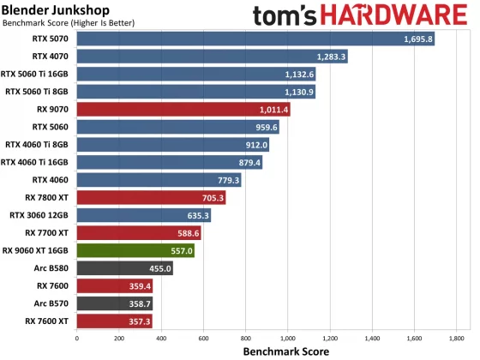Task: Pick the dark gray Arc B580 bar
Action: [124, 268]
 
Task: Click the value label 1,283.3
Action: [333, 57]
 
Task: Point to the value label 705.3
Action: [210, 198]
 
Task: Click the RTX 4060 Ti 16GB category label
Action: [36, 162]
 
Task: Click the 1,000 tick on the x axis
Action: [288, 339]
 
